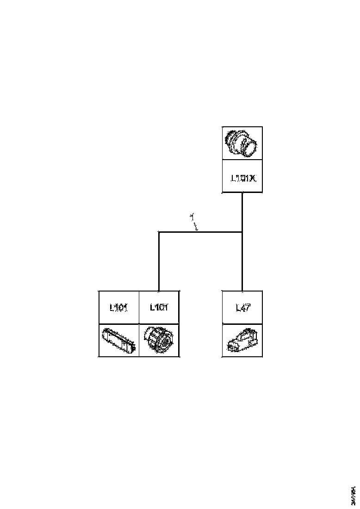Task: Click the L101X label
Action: pyautogui.click(x=243, y=177)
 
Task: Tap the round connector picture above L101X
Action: pyautogui.click(x=242, y=143)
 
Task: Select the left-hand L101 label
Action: pyautogui.click(x=119, y=307)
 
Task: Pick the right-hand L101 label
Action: pyautogui.click(x=159, y=307)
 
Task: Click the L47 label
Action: pyautogui.click(x=243, y=307)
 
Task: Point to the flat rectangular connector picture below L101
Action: pyautogui.click(x=119, y=341)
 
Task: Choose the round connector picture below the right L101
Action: pyautogui.click(x=159, y=340)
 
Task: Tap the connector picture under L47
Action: pyautogui.click(x=243, y=341)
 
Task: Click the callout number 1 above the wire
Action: pyautogui.click(x=192, y=216)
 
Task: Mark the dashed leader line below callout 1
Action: pyautogui.click(x=195, y=226)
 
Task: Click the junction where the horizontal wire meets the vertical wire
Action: pyautogui.click(x=242, y=232)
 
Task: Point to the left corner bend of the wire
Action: pyautogui.click(x=159, y=232)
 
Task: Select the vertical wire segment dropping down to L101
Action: pyautogui.click(x=159, y=261)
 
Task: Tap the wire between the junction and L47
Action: pyautogui.click(x=242, y=261)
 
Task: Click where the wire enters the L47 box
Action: pyautogui.click(x=242, y=291)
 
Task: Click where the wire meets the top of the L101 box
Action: pyautogui.click(x=159, y=291)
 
